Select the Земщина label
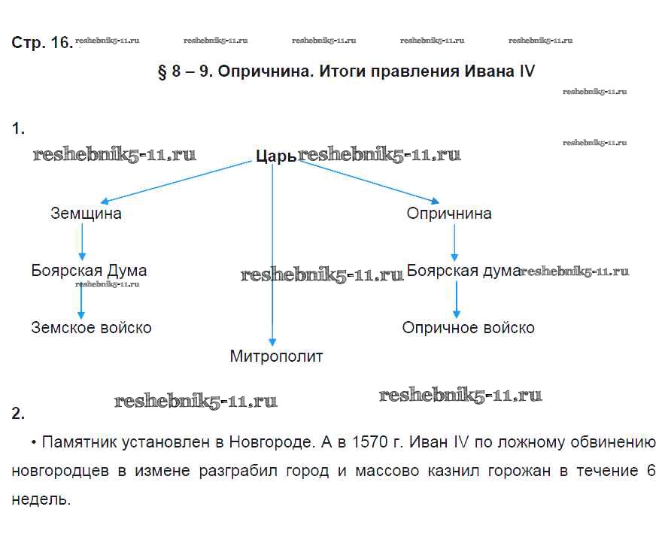86,214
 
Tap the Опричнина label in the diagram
449,214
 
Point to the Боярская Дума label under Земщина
89,271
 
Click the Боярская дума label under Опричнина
463,271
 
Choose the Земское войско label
91,328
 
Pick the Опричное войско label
468,328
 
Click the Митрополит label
276,356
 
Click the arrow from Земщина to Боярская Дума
81,242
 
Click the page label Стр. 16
41,43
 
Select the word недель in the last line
41,499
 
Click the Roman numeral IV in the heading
526,72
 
